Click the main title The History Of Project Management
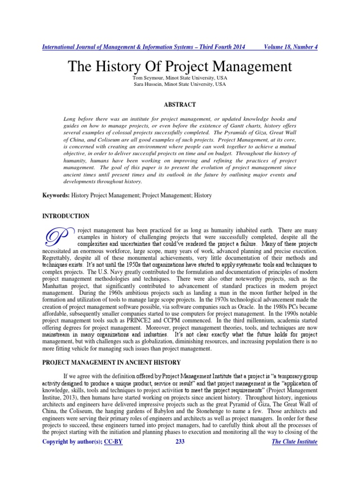180,66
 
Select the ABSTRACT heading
180,105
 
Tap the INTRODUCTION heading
66,216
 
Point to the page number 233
180,442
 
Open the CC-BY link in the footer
113,442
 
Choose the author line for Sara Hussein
180,84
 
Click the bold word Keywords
56,195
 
